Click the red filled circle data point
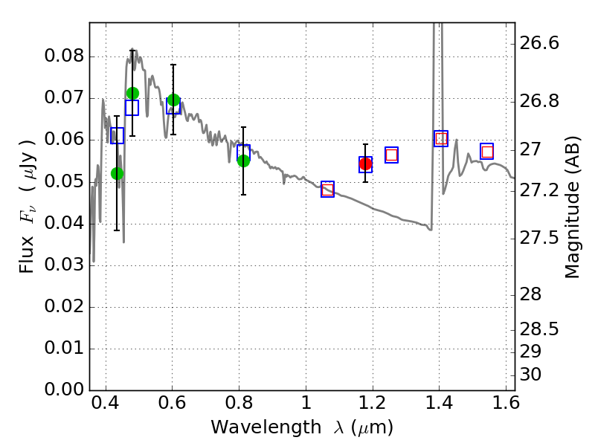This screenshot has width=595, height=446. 365,164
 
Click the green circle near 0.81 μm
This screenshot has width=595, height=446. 243,160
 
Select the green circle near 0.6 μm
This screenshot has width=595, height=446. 173,100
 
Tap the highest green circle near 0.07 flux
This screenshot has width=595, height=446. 132,93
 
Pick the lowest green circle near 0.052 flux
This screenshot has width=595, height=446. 117,173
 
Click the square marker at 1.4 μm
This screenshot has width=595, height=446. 441,138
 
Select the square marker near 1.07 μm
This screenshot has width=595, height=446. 327,189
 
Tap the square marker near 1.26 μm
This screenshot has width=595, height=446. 391,155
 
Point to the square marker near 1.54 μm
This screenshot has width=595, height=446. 487,152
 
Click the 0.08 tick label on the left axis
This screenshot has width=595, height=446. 65,57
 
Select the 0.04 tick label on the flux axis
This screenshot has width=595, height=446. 65,224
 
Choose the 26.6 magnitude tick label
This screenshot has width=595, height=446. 541,44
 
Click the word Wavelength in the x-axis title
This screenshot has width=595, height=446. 254,427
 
